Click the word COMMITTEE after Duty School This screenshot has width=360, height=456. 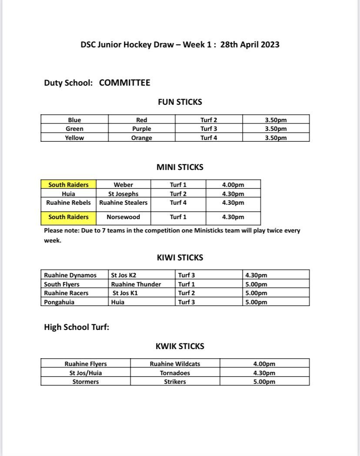coord(124,83)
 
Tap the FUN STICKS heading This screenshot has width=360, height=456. coord(180,102)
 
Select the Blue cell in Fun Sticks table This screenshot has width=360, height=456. coord(74,120)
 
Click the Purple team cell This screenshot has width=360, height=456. coord(142,129)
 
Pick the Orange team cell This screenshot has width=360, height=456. coord(142,138)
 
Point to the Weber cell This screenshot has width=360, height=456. coord(123,185)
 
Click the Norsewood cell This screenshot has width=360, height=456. coord(123,217)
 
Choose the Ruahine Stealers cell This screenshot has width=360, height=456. coord(123,203)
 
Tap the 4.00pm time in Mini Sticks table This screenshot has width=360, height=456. coord(233,185)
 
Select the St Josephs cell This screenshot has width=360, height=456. coord(123,194)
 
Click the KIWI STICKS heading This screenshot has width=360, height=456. coord(180,257)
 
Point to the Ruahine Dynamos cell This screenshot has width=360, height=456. coord(70,275)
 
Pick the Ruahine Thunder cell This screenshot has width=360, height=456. coord(136,284)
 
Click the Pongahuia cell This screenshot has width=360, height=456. coord(59,302)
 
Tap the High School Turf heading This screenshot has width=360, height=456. coord(77,327)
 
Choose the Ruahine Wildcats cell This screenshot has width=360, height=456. coord(175,364)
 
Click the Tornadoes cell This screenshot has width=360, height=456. coord(175,373)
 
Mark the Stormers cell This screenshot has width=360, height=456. coord(85,382)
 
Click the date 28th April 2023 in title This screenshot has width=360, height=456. coord(250,44)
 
